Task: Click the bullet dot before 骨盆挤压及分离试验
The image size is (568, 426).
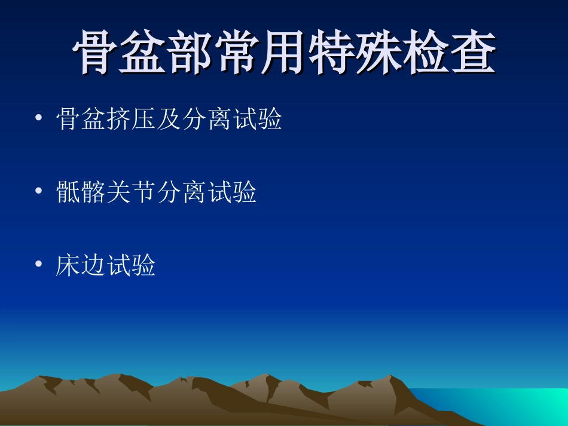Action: click(39, 118)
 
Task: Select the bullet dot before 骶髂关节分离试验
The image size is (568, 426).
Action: click(39, 191)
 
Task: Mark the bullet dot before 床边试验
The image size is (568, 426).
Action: click(39, 264)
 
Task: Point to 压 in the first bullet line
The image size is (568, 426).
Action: click(144, 119)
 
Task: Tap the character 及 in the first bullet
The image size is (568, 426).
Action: click(169, 119)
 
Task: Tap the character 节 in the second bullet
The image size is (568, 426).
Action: click(144, 192)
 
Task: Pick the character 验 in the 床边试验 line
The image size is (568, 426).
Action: click(144, 265)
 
